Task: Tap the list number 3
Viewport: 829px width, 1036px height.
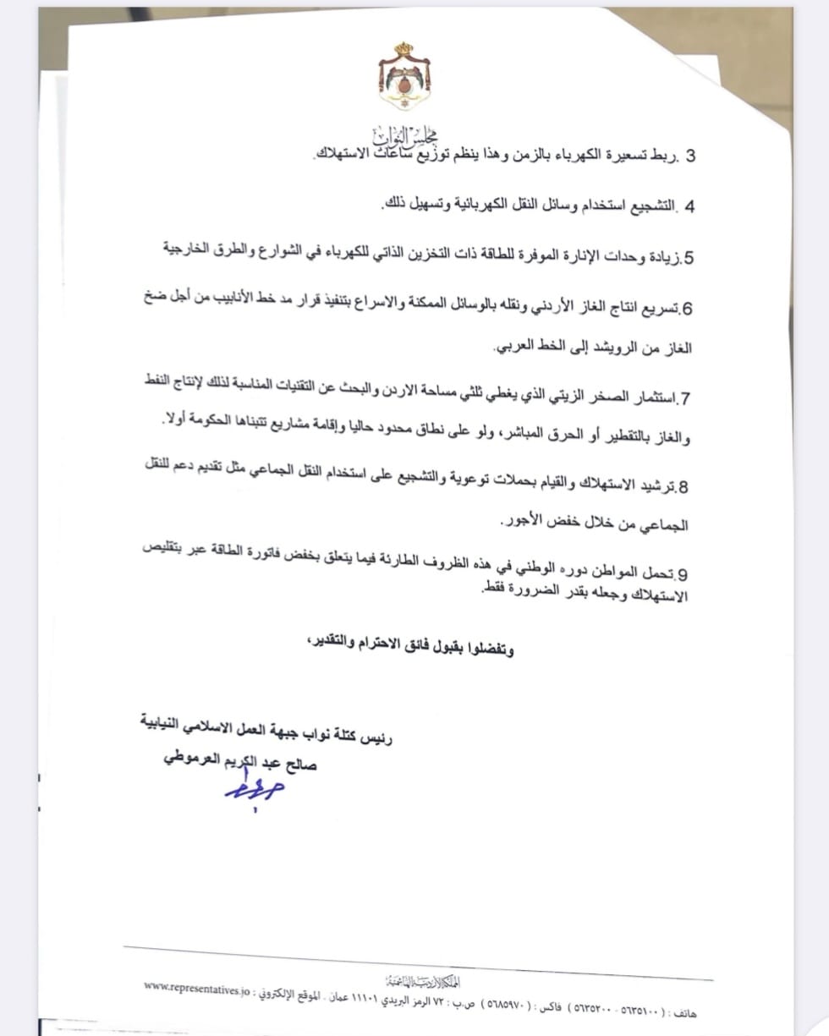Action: (689, 157)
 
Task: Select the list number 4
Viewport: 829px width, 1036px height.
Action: (689, 207)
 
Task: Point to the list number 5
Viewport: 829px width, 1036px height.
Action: (689, 257)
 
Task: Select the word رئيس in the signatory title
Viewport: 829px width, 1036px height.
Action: (377, 737)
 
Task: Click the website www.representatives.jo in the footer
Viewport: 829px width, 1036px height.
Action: (196, 985)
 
